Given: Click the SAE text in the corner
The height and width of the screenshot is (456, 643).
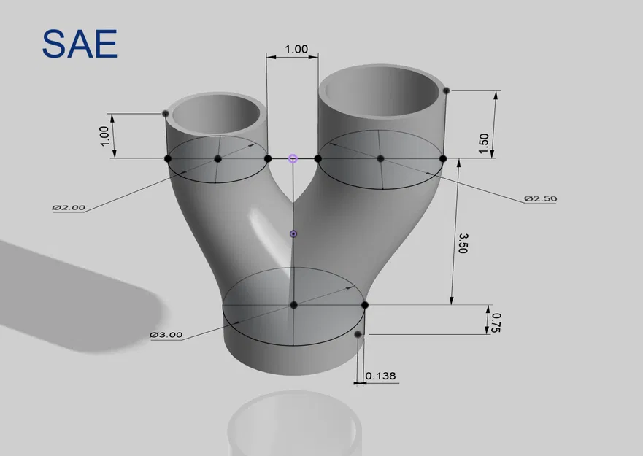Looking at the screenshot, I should coord(79,45).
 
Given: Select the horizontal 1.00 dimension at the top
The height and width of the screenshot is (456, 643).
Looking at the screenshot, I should coord(296,50).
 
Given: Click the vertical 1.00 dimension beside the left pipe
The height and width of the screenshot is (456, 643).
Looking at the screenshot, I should coord(104,136).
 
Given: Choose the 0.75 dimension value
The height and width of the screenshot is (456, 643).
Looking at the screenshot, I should coord(497,321).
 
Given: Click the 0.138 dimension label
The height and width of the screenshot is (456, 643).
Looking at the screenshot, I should coord(380,376).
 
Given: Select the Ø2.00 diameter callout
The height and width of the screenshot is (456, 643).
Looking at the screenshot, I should coord(69,207).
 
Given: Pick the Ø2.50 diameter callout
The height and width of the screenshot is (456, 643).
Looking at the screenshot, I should coord(540,198).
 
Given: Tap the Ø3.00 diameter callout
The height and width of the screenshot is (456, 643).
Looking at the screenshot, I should coord(166,335).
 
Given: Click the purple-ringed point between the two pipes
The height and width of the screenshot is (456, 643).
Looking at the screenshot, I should coord(293,158).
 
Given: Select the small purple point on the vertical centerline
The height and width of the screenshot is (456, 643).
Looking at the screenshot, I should coord(293,233).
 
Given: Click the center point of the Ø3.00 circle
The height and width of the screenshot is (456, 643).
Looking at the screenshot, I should coord(293,305).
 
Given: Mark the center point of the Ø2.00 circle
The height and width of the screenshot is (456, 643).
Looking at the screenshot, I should coord(217,158).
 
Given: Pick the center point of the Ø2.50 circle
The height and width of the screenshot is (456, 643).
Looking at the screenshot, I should coord(380,158).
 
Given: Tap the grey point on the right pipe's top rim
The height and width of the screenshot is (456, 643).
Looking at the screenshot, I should coord(446,90).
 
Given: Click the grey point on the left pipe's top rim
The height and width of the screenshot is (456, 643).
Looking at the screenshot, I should coord(166,113).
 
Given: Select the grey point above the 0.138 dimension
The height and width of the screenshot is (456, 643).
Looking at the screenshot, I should coord(358,334).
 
